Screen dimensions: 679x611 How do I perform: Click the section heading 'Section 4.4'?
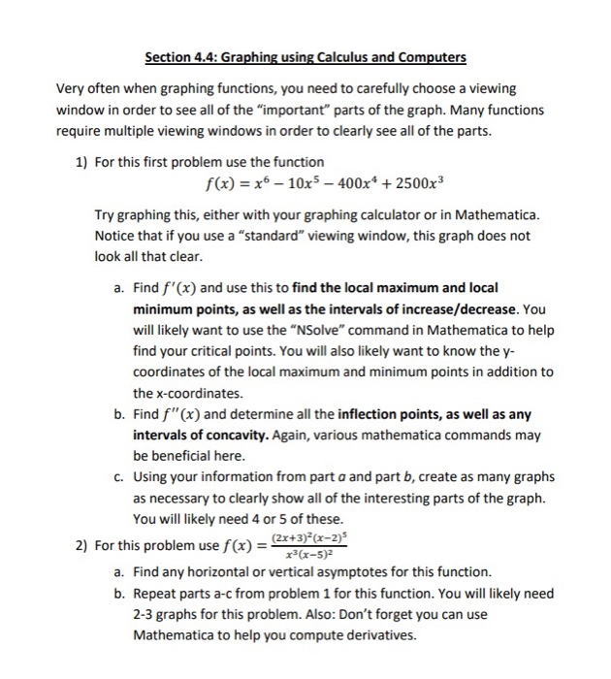point(185,57)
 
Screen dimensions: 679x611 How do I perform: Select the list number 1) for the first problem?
point(82,161)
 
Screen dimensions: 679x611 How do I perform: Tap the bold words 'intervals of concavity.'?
point(201,434)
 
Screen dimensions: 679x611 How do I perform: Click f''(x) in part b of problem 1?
point(191,415)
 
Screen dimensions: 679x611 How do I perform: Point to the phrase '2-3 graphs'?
point(166,615)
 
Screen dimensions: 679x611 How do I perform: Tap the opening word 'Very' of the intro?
point(71,89)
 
